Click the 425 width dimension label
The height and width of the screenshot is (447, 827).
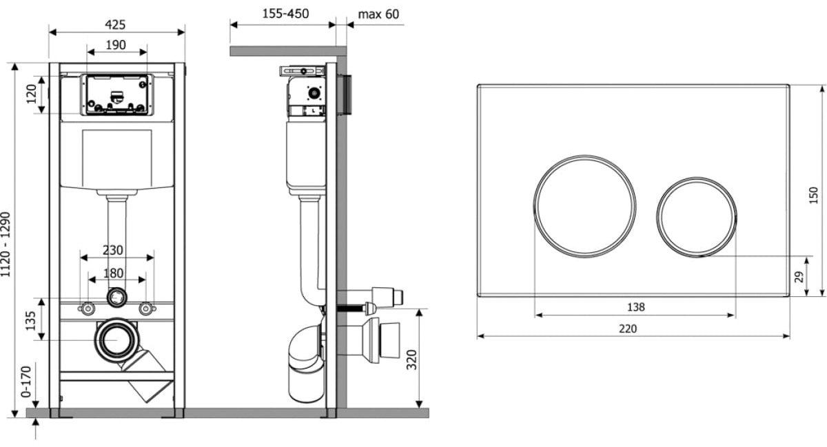click(115, 25)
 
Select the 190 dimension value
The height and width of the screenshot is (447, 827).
click(116, 45)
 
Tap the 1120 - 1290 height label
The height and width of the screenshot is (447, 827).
click(6, 244)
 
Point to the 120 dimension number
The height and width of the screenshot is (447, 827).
click(32, 94)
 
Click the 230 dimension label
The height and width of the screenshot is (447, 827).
click(112, 250)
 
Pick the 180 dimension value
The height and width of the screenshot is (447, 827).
click(113, 273)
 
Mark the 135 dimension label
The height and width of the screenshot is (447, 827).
click(30, 321)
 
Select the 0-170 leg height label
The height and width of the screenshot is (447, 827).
click(26, 382)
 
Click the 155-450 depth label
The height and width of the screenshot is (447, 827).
click(285, 14)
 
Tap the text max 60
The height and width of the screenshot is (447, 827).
click(378, 14)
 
